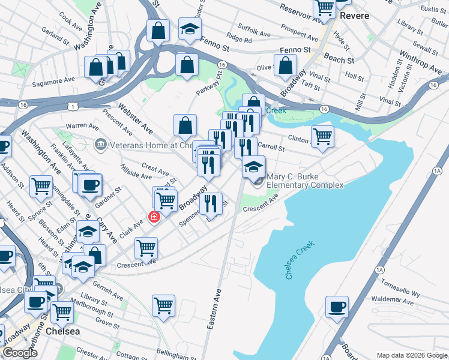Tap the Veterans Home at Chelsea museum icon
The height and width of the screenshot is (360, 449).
[100, 145]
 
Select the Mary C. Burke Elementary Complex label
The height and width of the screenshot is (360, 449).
[305, 181]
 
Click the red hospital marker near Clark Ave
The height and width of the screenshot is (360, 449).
[154, 217]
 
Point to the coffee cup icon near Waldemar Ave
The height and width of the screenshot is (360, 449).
[337, 307]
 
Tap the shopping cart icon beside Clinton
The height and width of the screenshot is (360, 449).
[323, 136]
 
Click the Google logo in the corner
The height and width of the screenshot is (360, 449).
[20, 353]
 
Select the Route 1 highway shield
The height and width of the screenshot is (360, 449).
[73, 106]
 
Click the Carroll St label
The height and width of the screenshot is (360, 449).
[271, 147]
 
